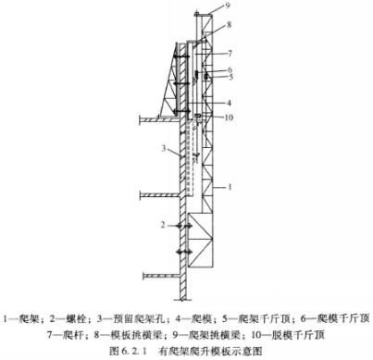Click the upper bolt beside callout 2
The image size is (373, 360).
coord(184,225)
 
